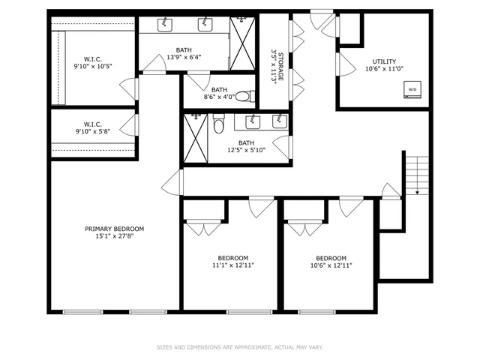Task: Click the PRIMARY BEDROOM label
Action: coord(114,229)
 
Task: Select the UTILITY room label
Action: coord(384,61)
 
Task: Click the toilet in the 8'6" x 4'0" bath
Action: coord(251,96)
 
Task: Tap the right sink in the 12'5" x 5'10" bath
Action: coord(278,121)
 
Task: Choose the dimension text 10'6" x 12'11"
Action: coord(331,265)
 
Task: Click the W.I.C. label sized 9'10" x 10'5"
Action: coord(93,65)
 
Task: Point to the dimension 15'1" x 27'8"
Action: coord(114,237)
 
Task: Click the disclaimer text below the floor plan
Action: coord(239,347)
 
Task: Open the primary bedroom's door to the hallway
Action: coord(172,182)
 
